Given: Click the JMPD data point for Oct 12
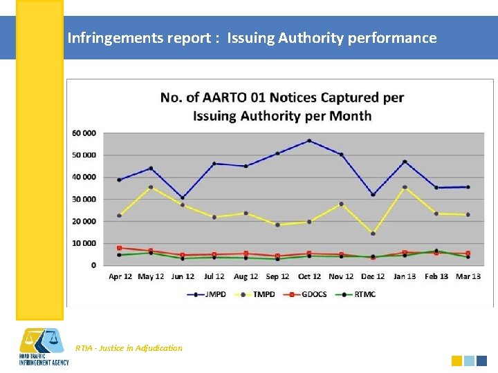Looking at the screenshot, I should (309, 141).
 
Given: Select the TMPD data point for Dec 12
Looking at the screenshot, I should (373, 233).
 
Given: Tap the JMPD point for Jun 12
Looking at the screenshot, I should (183, 198).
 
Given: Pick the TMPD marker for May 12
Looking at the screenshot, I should (151, 187).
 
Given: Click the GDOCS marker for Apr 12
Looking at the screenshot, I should (119, 248).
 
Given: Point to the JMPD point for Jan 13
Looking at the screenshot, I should (405, 162).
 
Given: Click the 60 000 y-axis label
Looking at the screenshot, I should (84, 133).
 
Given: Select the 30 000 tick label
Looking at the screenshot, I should (84, 199).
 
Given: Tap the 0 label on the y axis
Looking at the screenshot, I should (93, 265).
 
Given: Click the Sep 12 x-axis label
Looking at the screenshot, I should (277, 277).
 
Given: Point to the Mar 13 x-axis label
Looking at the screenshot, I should (468, 277).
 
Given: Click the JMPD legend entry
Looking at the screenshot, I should (206, 294).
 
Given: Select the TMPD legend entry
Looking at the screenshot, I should (257, 294).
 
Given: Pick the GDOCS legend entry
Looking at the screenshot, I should (310, 294).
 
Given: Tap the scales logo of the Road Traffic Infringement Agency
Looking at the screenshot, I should (43, 340).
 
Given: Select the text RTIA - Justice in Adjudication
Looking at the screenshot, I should (129, 348).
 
